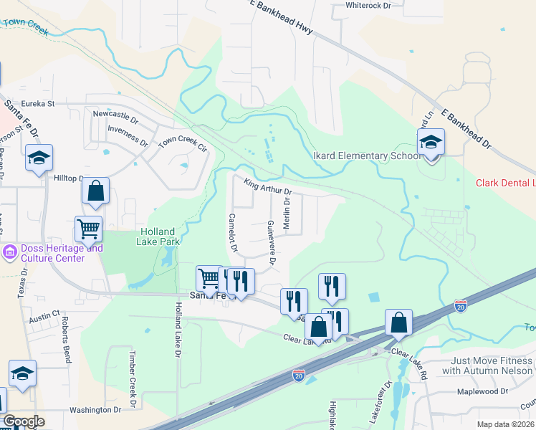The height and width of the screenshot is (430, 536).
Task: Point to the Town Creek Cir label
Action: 182,143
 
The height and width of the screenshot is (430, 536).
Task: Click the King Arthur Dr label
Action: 268,187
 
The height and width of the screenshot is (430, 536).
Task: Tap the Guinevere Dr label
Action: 271,242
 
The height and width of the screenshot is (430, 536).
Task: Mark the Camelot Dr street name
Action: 232,234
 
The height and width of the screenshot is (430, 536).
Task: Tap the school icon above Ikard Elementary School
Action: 431,143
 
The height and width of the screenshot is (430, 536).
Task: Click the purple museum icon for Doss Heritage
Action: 10,252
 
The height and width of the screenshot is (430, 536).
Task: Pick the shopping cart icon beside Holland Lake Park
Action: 88,229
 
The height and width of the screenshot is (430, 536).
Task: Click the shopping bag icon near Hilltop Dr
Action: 95,191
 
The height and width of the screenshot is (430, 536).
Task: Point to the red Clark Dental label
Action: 505,183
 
